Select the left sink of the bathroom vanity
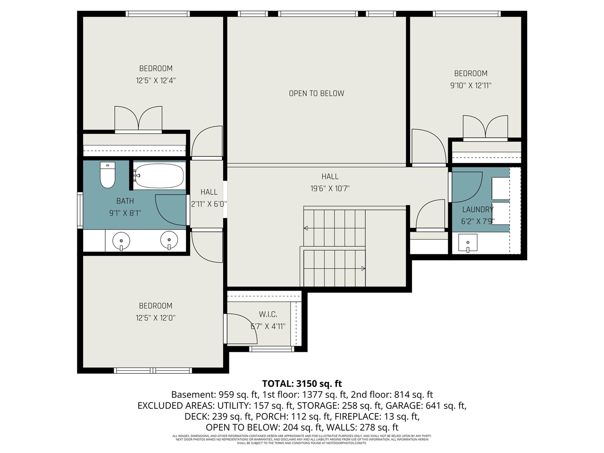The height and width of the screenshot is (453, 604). click(x=121, y=241)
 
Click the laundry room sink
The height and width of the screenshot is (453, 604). click(x=468, y=244)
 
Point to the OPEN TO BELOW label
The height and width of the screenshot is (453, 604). click(x=316, y=93)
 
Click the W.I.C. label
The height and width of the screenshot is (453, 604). click(x=268, y=314)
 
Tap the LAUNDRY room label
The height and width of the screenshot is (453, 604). click(x=478, y=210)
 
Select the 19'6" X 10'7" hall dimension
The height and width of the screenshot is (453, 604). click(x=330, y=189)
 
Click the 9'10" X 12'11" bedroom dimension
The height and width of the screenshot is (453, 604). click(x=470, y=86)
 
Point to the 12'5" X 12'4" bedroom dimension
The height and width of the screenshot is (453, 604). click(x=156, y=81)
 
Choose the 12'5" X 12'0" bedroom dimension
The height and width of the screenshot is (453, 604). click(x=155, y=318)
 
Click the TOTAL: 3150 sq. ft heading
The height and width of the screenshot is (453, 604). click(x=302, y=383)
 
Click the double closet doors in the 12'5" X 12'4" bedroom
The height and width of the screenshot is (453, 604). click(x=138, y=119)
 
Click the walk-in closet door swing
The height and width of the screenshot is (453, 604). click(x=241, y=328)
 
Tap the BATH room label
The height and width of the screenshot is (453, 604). click(x=125, y=201)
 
